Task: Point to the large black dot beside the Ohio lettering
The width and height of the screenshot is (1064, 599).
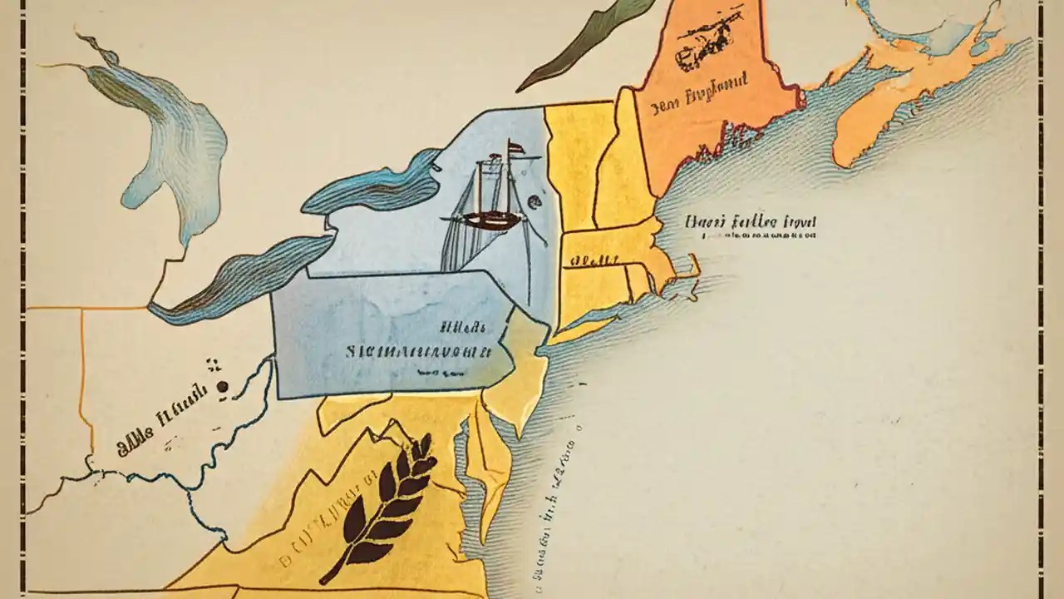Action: point(222,387)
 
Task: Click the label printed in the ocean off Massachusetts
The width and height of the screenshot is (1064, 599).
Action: point(751,222)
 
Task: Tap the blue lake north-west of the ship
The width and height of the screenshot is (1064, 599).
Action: point(374,187)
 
